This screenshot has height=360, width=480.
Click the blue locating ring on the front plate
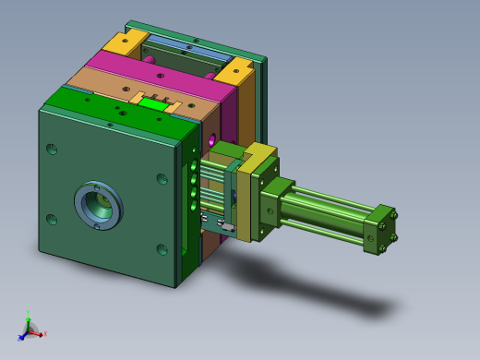coord(98,206)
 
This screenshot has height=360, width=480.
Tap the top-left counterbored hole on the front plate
coord(52,149)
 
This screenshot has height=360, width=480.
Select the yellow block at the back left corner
coord(125,42)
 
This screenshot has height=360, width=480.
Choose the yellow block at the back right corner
coord(236,69)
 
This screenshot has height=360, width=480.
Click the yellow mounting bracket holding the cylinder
coord(246,198)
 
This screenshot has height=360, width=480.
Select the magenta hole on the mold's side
coord(211,140)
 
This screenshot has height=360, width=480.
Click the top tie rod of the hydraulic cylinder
coord(332,197)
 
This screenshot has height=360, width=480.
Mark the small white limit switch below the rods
coord(225,225)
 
